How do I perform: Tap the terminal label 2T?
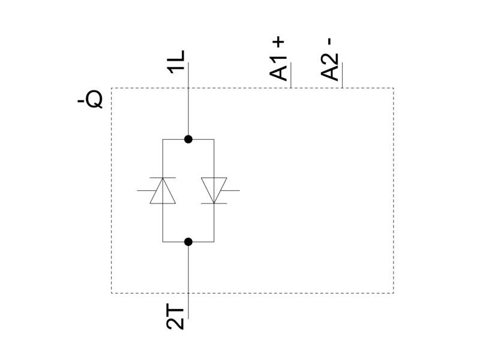175,317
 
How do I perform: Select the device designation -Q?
90,100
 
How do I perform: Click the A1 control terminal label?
278,69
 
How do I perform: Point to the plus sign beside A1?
280,42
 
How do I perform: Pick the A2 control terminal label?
329,67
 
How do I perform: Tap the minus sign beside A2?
329,41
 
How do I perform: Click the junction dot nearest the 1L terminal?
188,139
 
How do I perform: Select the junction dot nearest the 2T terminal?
188,242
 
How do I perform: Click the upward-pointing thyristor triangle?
163,191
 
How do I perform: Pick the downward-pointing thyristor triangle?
214,190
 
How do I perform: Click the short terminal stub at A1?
290,75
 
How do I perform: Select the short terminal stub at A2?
342,75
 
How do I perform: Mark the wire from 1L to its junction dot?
188,101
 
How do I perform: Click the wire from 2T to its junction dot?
188,280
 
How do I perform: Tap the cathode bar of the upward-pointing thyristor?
163,178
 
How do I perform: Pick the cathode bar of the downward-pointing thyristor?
214,203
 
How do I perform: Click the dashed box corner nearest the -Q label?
112,88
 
